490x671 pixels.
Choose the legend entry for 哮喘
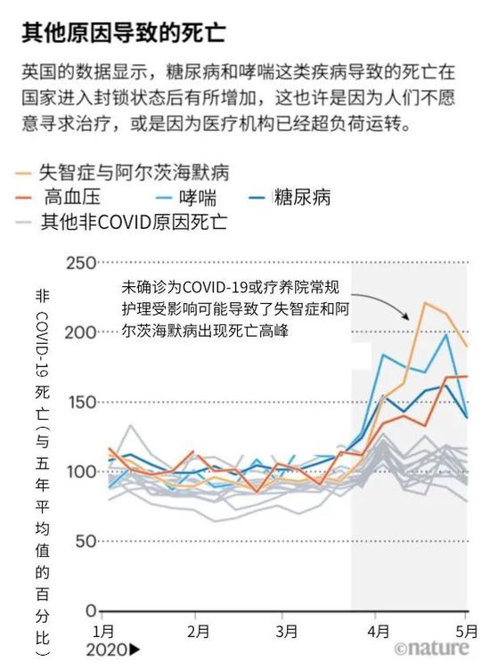pyautogui.click(x=191, y=197)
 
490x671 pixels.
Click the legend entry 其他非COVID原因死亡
pyautogui.click(x=133, y=221)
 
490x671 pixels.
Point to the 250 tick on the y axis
pyautogui.click(x=80, y=264)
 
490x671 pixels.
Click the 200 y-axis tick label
pyautogui.click(x=80, y=333)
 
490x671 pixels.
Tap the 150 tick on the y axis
pyautogui.click(x=80, y=403)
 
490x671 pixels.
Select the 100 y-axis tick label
pyautogui.click(x=80, y=472)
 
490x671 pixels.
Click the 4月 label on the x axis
pyautogui.click(x=378, y=633)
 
